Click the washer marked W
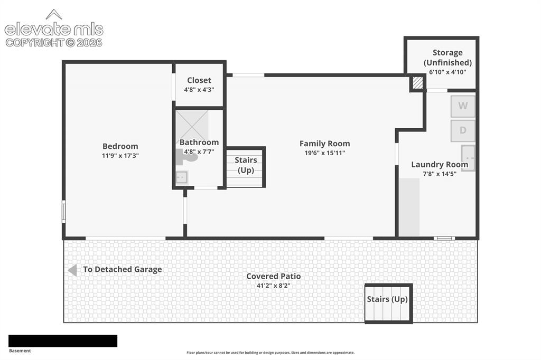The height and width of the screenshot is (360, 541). tap(463, 106)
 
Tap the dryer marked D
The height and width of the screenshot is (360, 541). tap(463, 130)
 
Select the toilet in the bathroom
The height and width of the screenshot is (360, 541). tap(186, 157)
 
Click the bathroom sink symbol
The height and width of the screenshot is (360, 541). tap(182, 177)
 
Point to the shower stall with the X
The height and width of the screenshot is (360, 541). tap(192, 125)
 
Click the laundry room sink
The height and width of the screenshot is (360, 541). tap(468, 158)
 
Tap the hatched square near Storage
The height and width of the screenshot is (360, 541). tap(417, 83)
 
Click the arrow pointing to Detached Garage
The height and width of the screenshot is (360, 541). tap(72, 270)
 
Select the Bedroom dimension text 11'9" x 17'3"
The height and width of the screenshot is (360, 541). tap(120, 156)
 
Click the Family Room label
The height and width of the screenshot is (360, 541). tap(325, 144)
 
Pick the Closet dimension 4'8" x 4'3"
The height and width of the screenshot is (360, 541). tap(199, 90)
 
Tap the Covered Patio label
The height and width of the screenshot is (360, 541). tap(274, 276)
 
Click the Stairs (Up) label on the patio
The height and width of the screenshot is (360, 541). tap(387, 299)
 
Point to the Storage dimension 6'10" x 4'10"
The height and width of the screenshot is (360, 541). tap(447, 72)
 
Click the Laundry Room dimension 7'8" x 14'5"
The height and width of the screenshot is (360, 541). tap(440, 174)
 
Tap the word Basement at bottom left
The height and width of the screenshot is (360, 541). tap(20, 350)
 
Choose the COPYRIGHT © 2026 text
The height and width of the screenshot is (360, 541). tap(54, 42)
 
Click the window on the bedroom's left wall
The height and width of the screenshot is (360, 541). tap(63, 211)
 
